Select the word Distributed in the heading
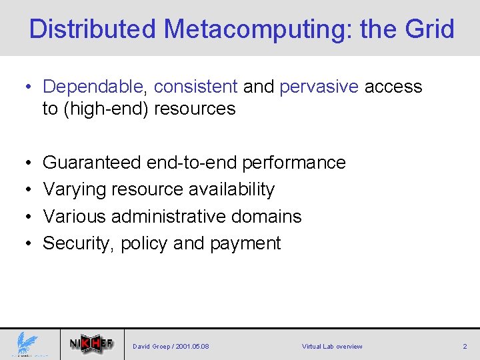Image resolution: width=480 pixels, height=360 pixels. (93, 29)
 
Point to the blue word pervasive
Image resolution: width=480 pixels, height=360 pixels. (319, 87)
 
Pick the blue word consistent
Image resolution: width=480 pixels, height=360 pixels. (195, 87)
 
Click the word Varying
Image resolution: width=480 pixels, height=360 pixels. (71, 189)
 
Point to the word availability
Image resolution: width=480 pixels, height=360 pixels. (231, 189)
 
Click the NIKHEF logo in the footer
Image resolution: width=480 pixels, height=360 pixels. (91, 344)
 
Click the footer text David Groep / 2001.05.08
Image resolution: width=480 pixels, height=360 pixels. (171, 347)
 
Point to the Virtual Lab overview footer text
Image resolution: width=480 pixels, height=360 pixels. (332, 347)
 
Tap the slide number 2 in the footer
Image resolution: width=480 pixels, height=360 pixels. (465, 347)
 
